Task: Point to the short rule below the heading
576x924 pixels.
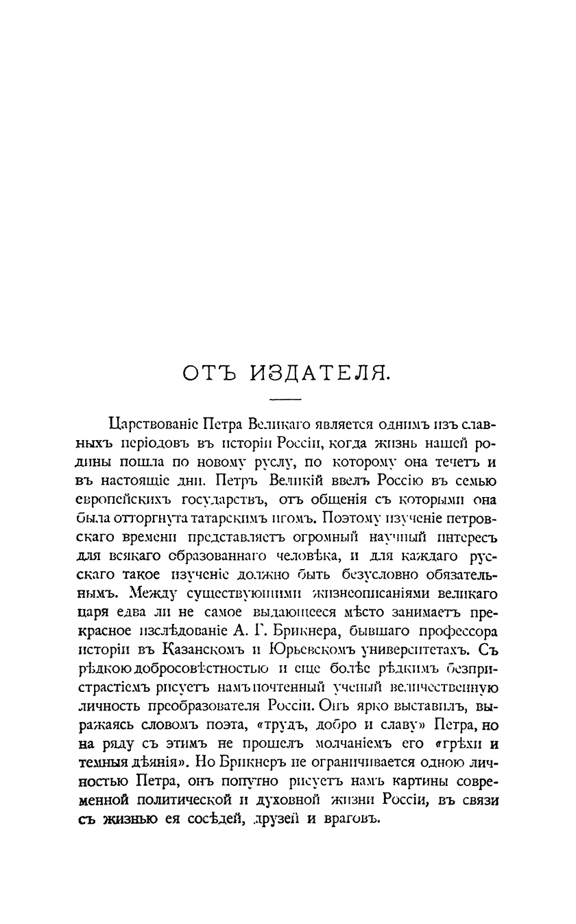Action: click(x=285, y=400)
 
